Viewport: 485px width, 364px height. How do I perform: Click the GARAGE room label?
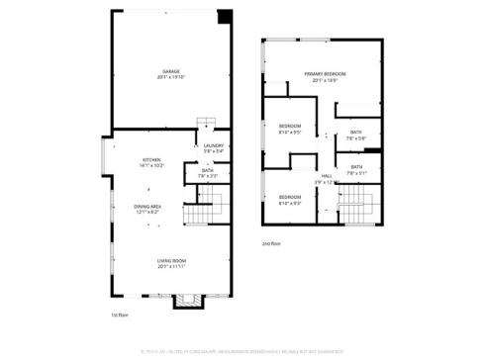click(171, 70)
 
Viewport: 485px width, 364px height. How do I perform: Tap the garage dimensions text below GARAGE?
click(171, 77)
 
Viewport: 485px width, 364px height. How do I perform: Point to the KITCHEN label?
click(151, 159)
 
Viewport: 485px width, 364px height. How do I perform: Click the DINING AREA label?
click(147, 206)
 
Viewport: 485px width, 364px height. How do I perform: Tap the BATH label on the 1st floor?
click(207, 170)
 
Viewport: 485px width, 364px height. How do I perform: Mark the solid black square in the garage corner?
click(225, 15)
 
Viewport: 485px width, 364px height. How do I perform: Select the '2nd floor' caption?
click(271, 242)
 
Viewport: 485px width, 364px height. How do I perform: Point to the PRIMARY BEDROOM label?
click(325, 74)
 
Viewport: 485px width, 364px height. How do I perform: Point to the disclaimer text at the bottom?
click(242, 350)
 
